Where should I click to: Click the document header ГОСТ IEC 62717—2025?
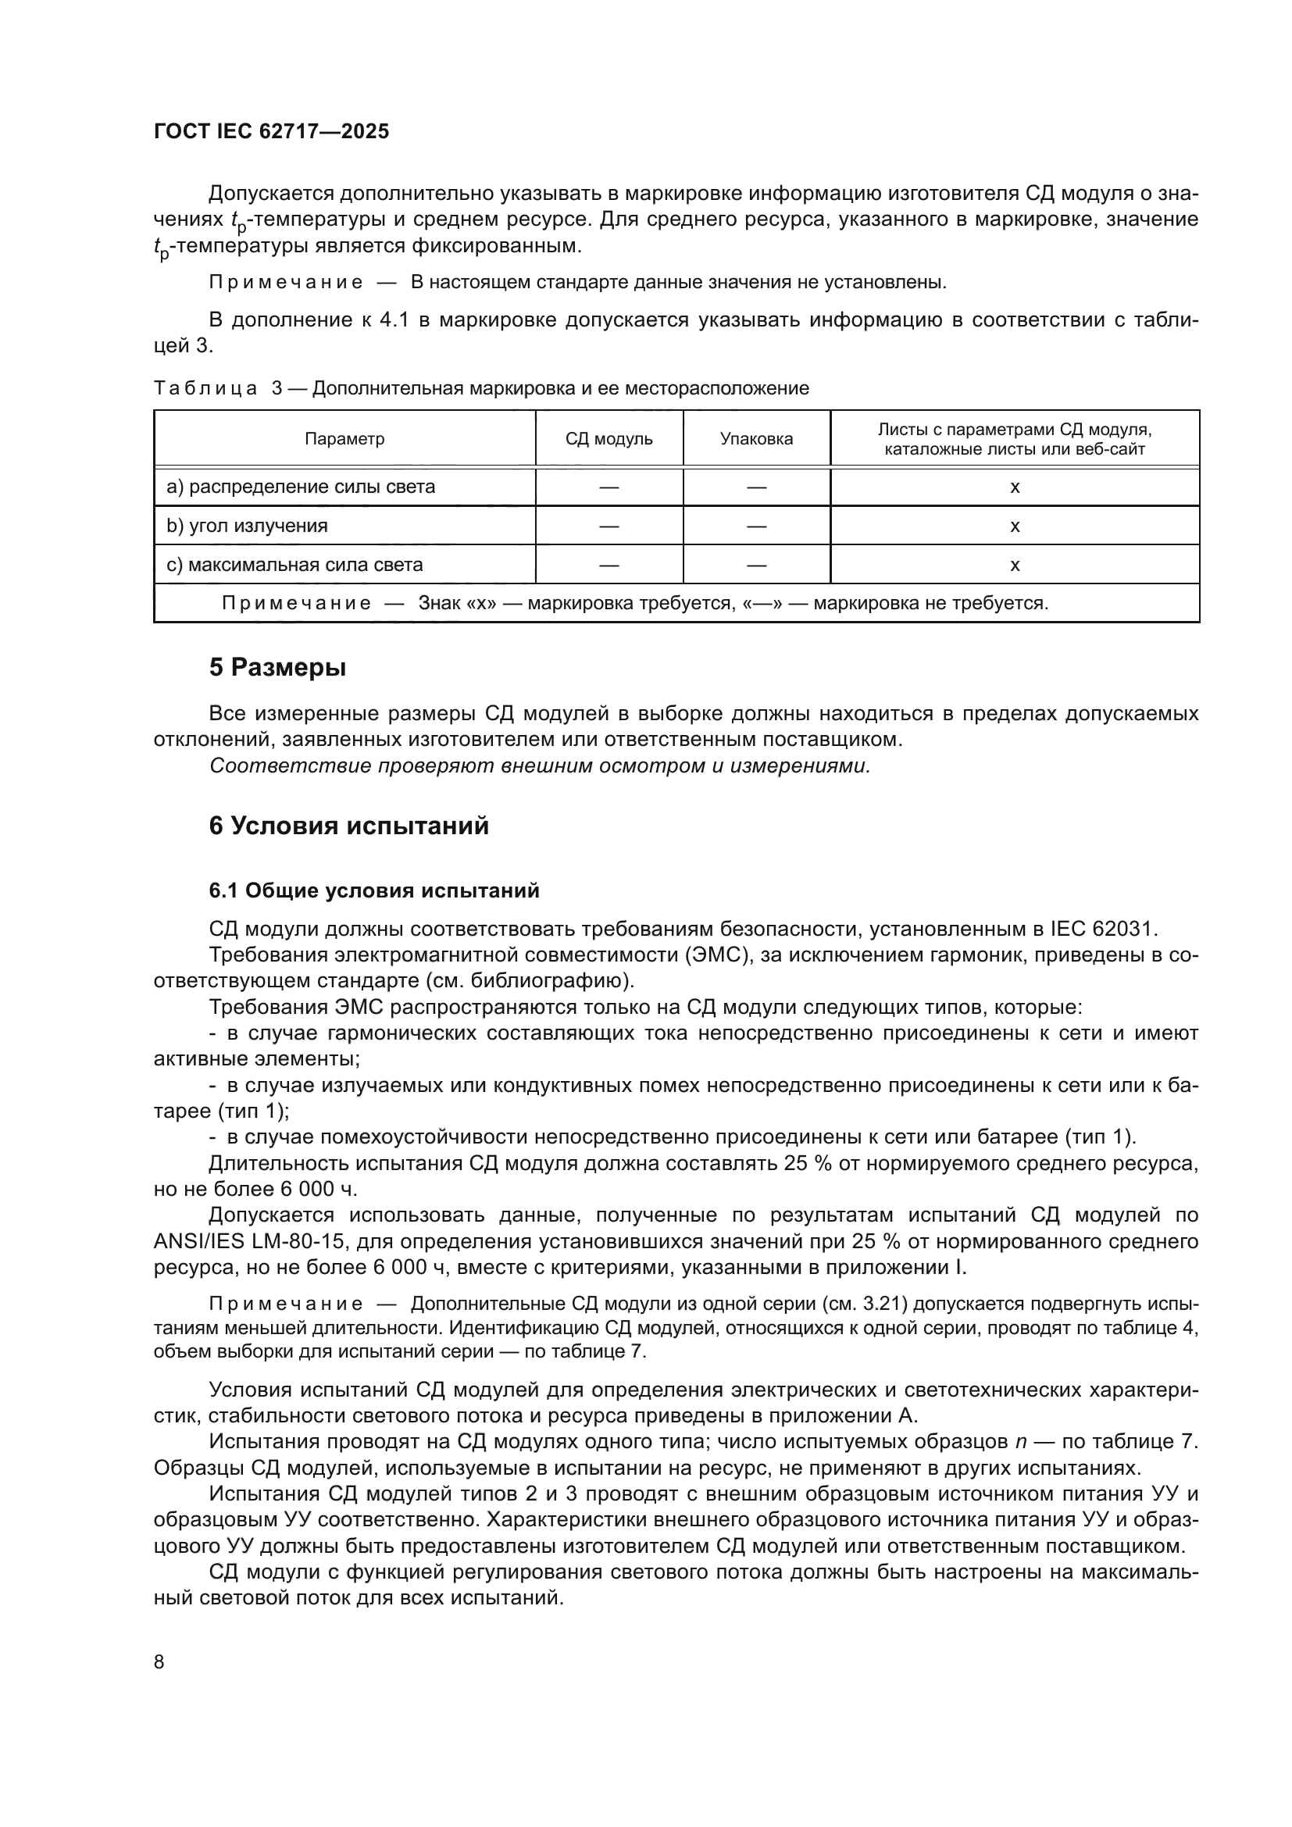click(271, 131)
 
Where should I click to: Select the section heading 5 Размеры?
click(277, 667)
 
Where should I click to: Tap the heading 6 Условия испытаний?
click(348, 825)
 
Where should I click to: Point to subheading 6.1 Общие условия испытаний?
click(374, 890)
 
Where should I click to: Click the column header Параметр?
click(344, 438)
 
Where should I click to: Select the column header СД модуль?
click(609, 438)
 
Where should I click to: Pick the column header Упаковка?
click(756, 438)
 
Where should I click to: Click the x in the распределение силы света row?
click(1015, 487)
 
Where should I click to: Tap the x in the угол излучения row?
click(1015, 526)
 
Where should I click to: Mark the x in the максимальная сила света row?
click(1015, 565)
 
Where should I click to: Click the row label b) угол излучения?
click(247, 526)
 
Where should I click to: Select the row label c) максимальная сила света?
click(294, 565)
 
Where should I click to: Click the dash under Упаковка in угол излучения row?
click(756, 526)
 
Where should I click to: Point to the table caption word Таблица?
click(205, 388)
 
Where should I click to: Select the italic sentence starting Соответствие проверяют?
click(540, 765)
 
